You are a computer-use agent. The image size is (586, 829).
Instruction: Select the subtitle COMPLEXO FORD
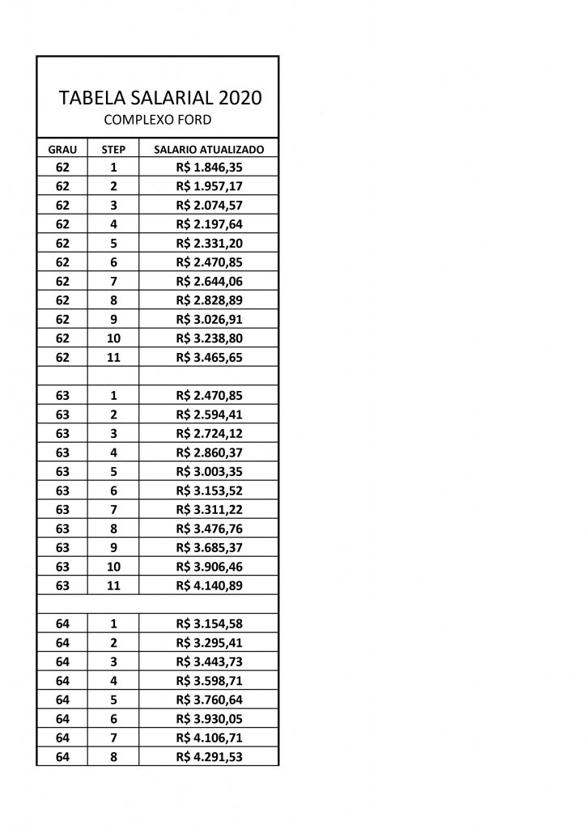[x=159, y=120]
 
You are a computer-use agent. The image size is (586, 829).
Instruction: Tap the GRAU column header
[x=62, y=151]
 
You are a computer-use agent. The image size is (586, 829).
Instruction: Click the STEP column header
[x=113, y=151]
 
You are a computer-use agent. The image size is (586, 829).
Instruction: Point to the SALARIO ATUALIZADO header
[x=209, y=151]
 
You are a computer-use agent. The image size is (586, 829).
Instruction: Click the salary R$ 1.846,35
[x=210, y=168]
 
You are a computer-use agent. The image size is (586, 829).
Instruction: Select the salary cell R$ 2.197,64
[x=210, y=224]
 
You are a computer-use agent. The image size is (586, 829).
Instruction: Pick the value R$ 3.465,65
[x=210, y=357]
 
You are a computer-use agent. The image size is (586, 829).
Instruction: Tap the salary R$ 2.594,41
[x=210, y=414]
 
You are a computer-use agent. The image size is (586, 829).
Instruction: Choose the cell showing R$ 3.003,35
[x=210, y=471]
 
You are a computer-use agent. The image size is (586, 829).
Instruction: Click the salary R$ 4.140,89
[x=210, y=585]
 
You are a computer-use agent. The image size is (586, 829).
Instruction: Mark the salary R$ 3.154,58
[x=210, y=623]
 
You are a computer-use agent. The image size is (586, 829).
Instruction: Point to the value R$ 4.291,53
[x=210, y=757]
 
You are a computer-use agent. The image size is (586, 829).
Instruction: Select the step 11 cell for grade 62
[x=113, y=357]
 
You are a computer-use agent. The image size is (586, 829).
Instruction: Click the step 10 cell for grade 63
[x=113, y=567]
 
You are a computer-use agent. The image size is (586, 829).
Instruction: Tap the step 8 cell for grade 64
[x=113, y=757]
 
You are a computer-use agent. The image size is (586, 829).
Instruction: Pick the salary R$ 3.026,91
[x=210, y=319]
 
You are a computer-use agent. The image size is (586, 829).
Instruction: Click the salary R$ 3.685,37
[x=210, y=547]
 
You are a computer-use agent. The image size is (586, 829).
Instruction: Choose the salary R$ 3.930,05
[x=210, y=719]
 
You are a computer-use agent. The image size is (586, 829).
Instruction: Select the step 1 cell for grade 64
[x=113, y=623]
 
